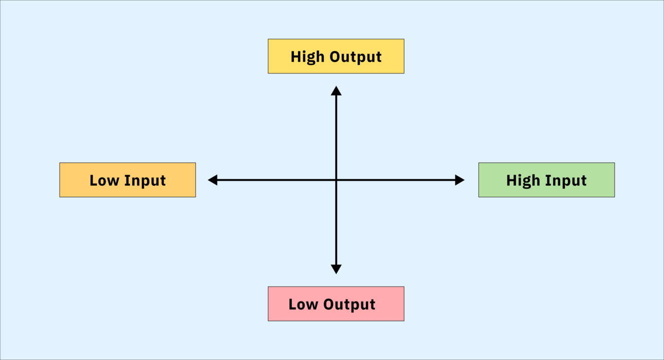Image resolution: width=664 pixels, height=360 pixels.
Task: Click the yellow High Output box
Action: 336,56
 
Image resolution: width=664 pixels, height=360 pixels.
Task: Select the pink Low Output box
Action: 336,303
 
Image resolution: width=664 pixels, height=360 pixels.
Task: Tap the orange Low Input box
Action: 127,180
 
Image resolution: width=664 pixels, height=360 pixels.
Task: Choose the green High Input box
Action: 547,180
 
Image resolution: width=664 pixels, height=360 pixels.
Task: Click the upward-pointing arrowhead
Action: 336,91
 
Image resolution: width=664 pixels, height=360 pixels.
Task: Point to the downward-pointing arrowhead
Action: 336,269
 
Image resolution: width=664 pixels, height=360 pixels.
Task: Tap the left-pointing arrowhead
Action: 213,180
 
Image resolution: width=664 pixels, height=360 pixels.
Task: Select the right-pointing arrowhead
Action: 460,180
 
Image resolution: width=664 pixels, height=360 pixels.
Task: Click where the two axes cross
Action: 336,180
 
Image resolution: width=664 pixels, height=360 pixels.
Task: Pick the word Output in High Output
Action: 356,57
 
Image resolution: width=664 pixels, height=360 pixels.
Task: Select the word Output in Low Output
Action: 349,305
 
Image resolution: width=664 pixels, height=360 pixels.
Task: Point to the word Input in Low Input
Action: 145,181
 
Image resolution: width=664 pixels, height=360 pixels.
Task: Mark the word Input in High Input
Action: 566,181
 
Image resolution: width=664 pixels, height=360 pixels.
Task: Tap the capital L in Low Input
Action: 94,181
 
